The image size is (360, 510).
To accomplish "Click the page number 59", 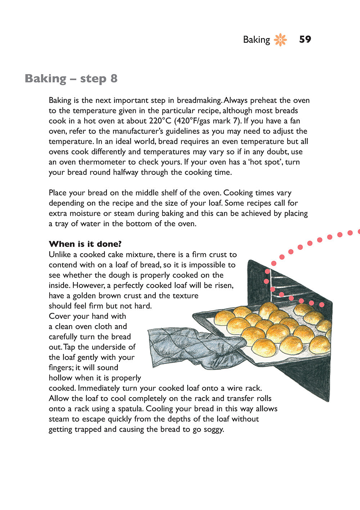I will [305, 40].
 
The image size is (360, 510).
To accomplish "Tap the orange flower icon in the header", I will [280, 40].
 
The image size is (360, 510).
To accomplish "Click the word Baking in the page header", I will [256, 40].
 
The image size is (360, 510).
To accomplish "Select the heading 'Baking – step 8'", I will [71, 78].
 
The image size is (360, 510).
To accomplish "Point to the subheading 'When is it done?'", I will [85, 244].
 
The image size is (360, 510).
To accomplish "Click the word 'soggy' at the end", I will [213, 429].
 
